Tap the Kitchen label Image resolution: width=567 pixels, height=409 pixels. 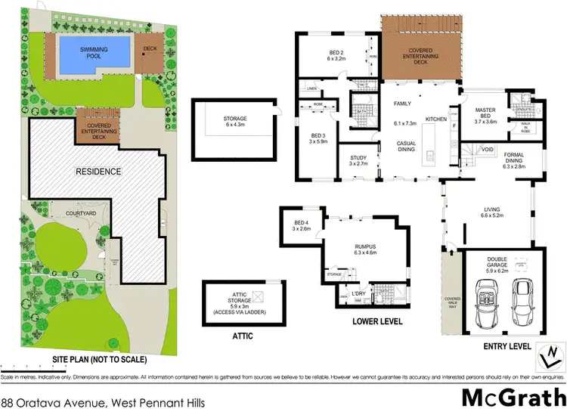coord(436,119)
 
